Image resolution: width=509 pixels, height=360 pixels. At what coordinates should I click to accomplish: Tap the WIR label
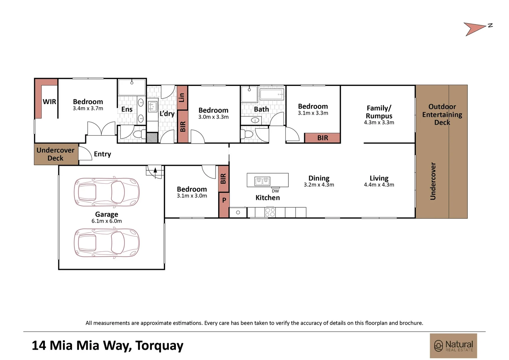49,102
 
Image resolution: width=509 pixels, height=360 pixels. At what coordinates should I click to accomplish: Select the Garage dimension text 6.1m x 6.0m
107,221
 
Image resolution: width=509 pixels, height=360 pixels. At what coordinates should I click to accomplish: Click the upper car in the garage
107,192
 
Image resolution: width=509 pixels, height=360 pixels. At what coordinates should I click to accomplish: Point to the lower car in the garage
107,243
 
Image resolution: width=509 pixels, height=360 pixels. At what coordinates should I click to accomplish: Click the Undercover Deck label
55,154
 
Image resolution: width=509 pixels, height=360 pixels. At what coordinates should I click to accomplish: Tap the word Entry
103,154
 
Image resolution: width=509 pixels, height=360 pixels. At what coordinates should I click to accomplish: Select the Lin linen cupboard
182,98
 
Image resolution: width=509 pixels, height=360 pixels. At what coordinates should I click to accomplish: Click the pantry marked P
224,205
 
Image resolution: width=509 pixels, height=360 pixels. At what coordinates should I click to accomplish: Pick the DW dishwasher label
275,191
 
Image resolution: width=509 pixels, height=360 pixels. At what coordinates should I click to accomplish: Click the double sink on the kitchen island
262,181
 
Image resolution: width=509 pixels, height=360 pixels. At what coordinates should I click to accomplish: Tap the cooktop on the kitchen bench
270,212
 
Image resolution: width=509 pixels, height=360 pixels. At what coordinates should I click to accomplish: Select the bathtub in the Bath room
272,94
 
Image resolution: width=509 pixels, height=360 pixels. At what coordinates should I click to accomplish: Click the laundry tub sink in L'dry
153,107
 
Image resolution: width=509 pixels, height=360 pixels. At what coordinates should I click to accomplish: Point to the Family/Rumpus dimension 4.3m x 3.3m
379,122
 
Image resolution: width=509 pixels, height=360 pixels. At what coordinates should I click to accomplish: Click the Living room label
379,178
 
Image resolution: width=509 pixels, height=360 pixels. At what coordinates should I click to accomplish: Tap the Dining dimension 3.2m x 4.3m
319,185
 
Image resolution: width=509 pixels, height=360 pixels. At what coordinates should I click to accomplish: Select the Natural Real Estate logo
453,346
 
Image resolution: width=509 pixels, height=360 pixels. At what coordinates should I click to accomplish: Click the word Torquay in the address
159,345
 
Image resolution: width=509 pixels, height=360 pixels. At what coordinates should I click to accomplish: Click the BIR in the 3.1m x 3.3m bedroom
322,138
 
